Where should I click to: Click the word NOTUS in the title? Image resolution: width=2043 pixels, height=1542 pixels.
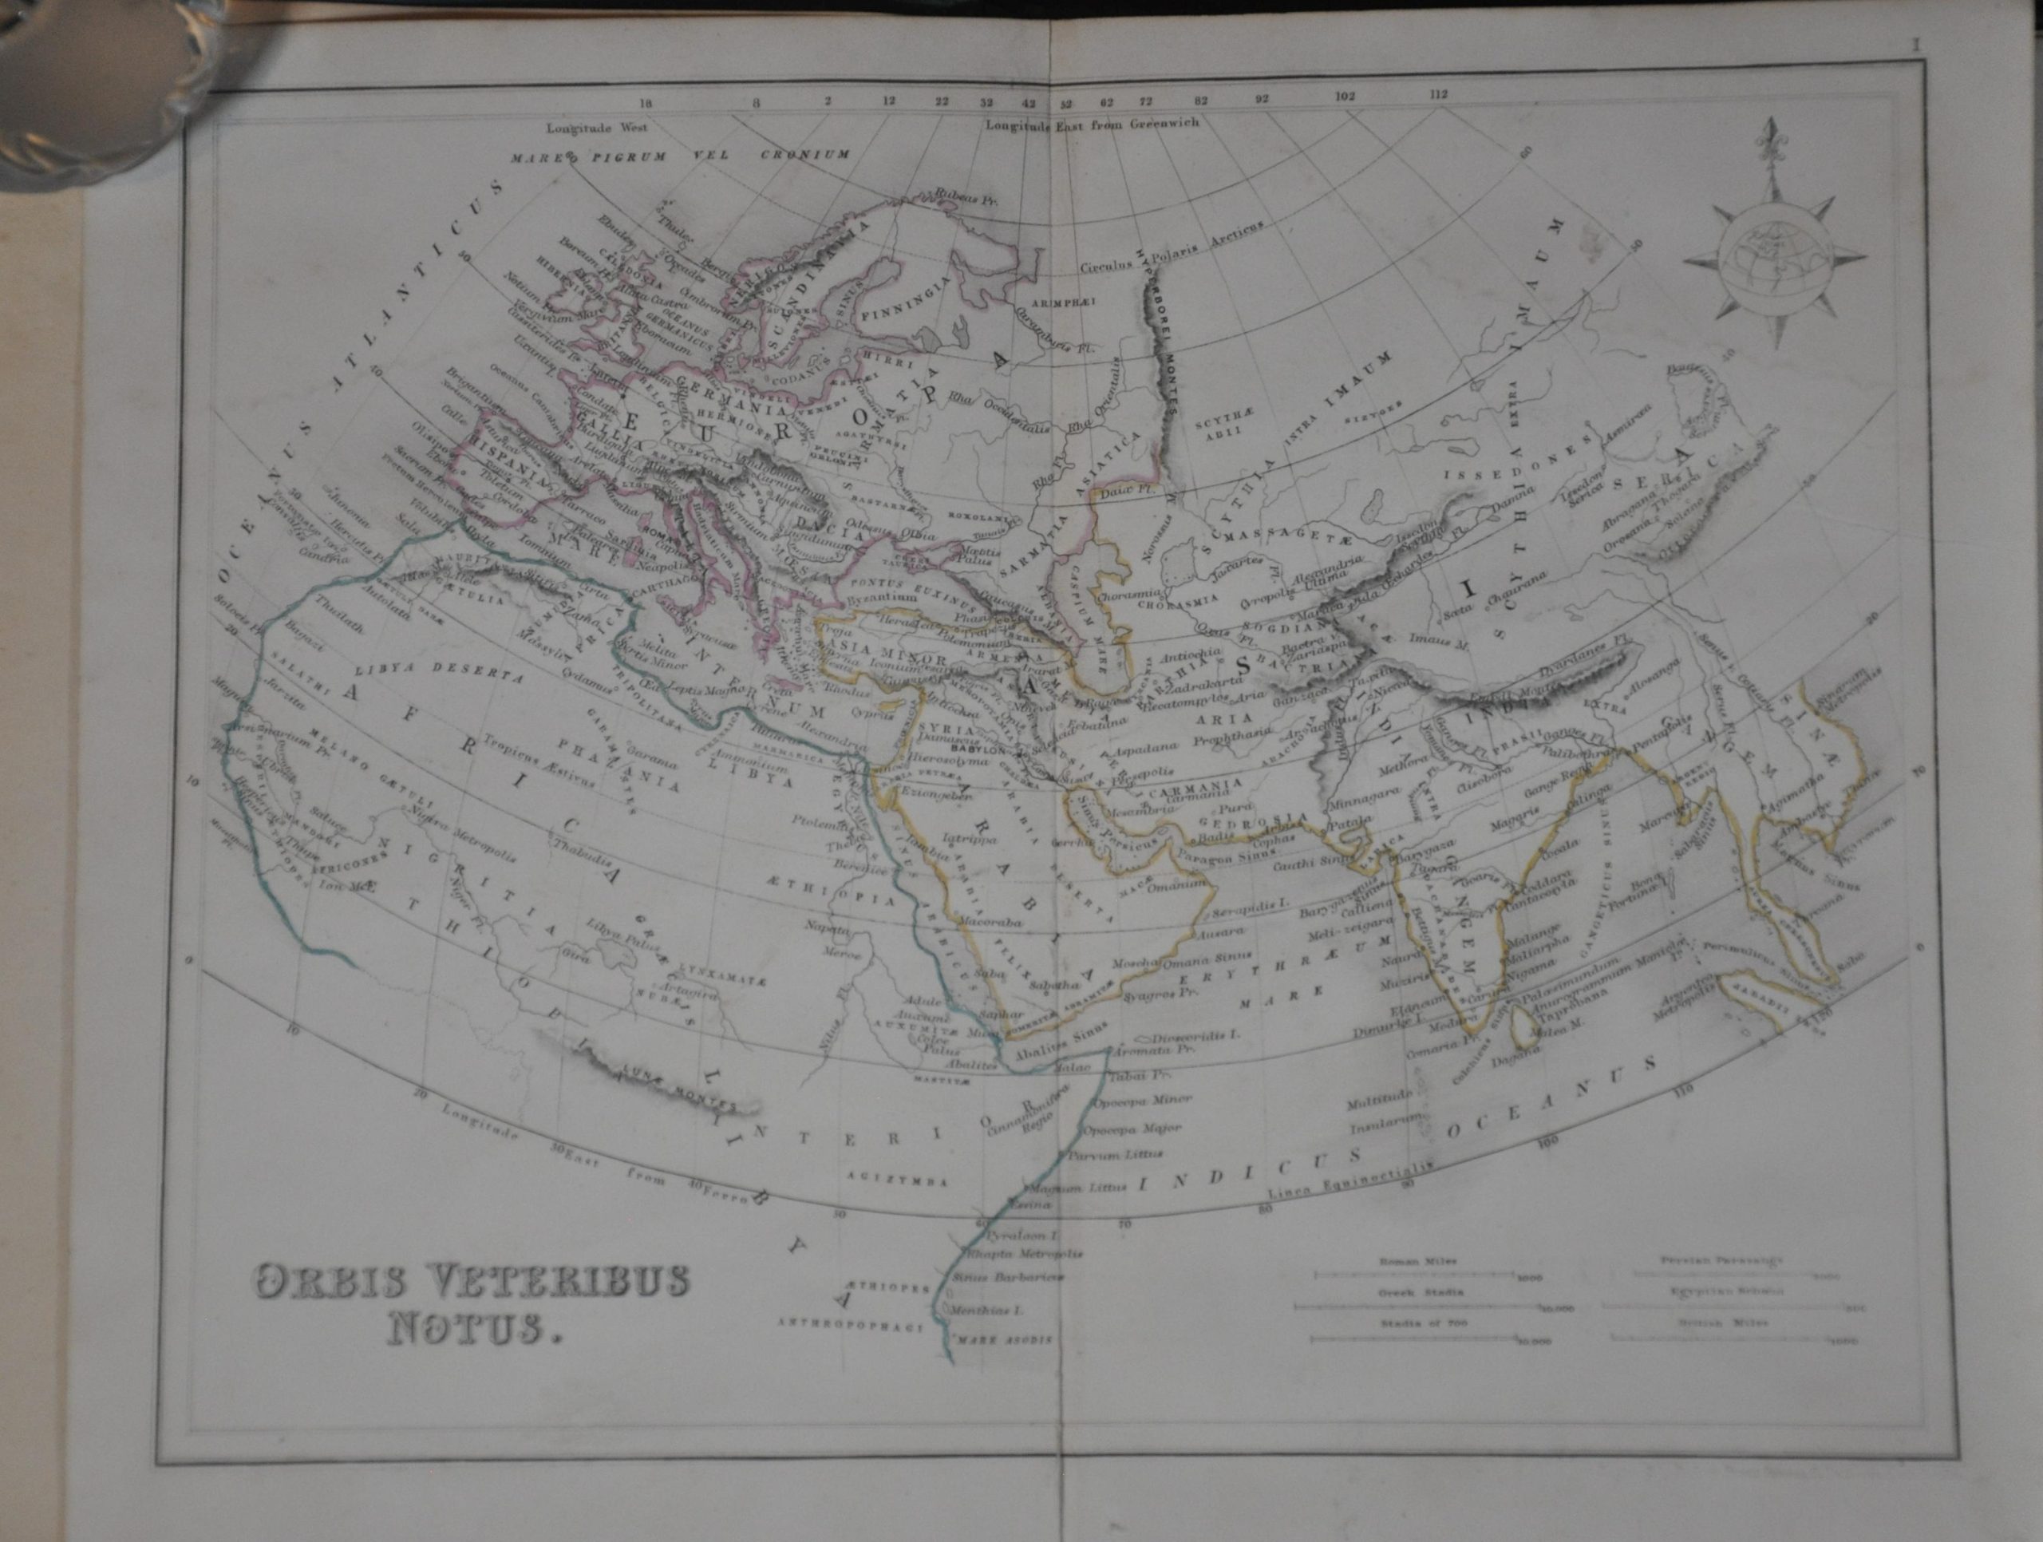tap(471, 1331)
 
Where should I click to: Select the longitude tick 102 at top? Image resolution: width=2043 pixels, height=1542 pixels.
tap(1344, 96)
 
